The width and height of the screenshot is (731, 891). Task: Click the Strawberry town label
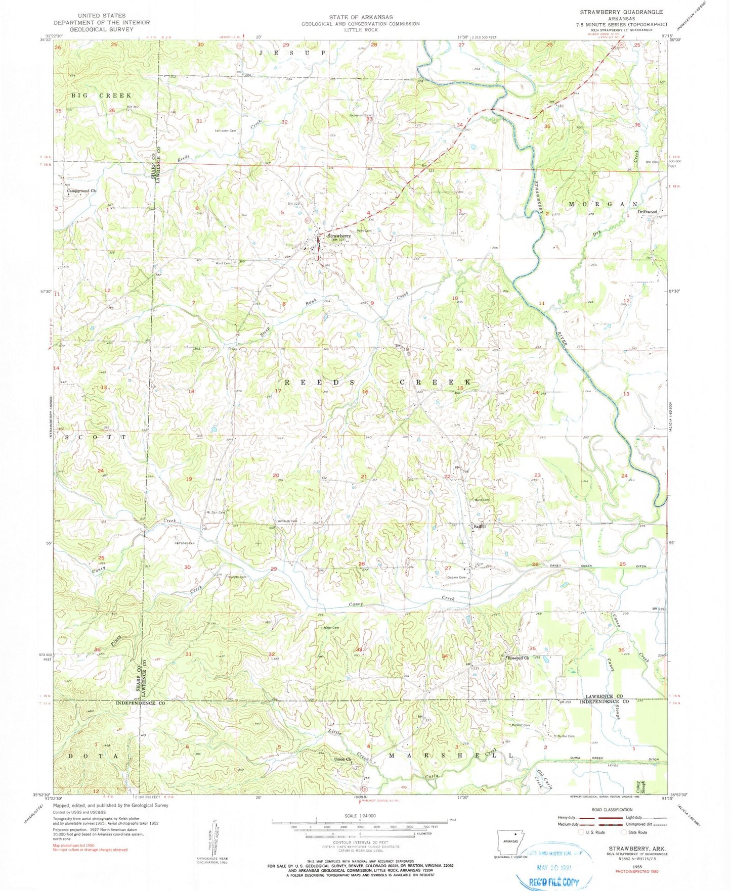339,236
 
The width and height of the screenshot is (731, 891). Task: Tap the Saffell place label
479,527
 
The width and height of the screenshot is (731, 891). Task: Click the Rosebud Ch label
519,658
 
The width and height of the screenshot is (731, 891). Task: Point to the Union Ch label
342,760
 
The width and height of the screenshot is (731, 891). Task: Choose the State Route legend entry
635,832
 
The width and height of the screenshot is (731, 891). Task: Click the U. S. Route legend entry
591,832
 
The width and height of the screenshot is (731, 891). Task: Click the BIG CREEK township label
101,96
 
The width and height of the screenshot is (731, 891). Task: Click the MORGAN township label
603,204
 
